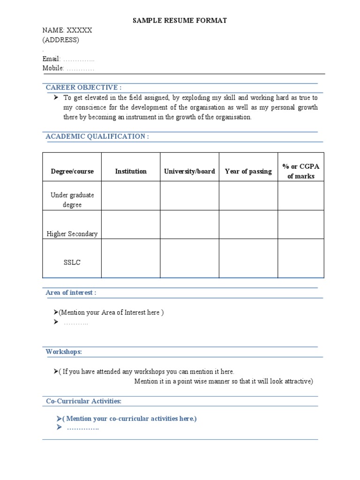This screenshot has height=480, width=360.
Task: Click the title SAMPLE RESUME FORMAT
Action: pyautogui.click(x=180, y=21)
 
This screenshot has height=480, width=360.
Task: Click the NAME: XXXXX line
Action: pyautogui.click(x=67, y=30)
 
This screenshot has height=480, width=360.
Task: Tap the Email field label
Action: pyautogui.click(x=52, y=59)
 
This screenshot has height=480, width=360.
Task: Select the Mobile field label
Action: pyautogui.click(x=53, y=68)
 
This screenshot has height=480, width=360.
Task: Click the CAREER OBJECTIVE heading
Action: pyautogui.click(x=83, y=87)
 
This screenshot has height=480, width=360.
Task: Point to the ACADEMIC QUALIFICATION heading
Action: pyautogui.click(x=97, y=136)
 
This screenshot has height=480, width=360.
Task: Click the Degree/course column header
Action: pyautogui.click(x=72, y=172)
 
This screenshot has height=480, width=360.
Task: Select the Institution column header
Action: pyautogui.click(x=131, y=172)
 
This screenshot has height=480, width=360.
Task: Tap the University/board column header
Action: pyautogui.click(x=189, y=172)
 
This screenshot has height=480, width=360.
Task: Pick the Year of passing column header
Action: pyautogui.click(x=248, y=172)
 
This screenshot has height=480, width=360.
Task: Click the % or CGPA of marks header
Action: pyautogui.click(x=300, y=172)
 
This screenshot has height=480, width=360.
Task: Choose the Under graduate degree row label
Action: pyautogui.click(x=72, y=200)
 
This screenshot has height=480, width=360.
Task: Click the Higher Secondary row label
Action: pyautogui.click(x=72, y=234)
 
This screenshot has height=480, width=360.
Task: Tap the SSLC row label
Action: pyautogui.click(x=72, y=262)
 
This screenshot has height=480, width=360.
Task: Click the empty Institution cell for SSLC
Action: pyautogui.click(x=131, y=258)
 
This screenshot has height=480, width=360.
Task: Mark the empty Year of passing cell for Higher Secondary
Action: pyautogui.click(x=248, y=225)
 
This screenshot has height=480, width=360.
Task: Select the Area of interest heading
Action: pyautogui.click(x=71, y=292)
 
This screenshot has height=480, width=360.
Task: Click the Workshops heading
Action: pyautogui.click(x=64, y=352)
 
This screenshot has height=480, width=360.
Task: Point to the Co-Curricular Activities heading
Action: pyautogui.click(x=83, y=401)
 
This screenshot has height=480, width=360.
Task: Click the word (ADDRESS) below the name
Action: pyautogui.click(x=61, y=40)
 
